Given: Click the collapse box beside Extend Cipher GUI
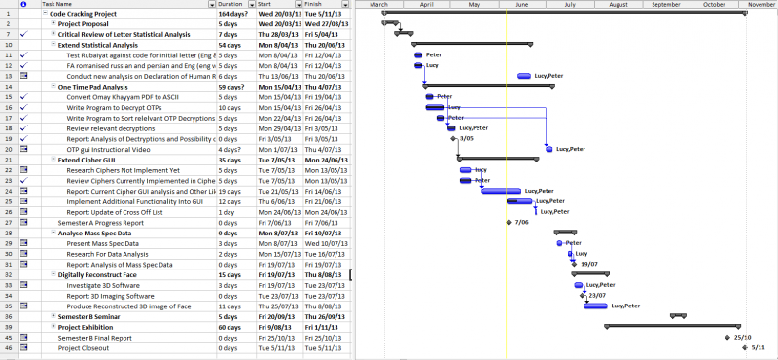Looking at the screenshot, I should [53, 160].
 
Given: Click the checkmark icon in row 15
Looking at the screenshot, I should [22, 98].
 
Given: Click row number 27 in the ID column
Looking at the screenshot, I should [8, 222].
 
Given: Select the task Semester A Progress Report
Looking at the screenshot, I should [100, 222].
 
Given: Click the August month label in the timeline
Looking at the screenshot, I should [618, 5].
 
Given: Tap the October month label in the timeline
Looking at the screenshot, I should [715, 5].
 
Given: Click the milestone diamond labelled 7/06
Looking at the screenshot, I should [509, 223].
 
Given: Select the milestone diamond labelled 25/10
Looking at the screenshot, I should [727, 338].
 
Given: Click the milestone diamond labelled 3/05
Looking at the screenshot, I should [454, 139].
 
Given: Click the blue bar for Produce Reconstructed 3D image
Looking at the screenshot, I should [594, 306].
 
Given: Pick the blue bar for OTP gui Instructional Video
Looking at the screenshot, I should [548, 149].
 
